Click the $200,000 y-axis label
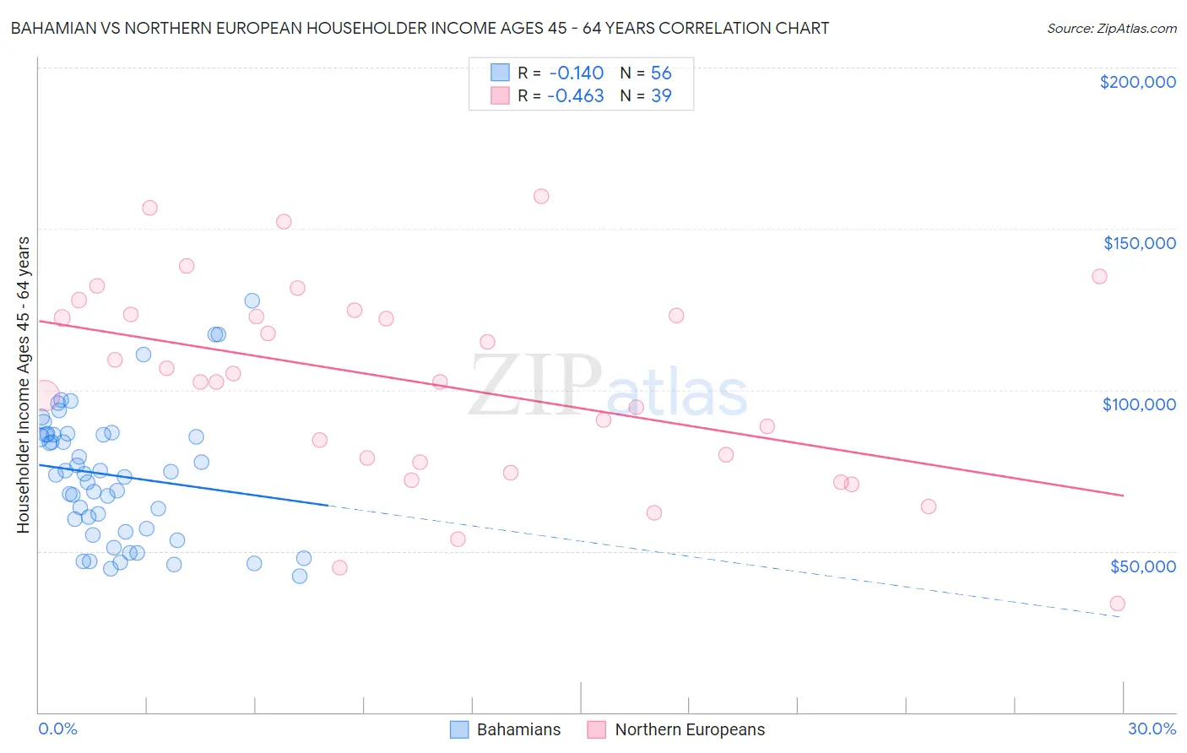(x=1137, y=82)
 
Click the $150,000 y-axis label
(x=1139, y=243)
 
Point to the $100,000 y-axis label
(x=1139, y=404)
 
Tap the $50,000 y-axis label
(x=1142, y=566)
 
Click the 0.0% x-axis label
(x=57, y=729)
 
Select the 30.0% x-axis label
(x=1152, y=729)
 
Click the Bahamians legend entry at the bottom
(x=518, y=729)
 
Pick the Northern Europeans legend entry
(x=690, y=729)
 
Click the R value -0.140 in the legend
(x=576, y=73)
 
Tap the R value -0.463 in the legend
(x=576, y=95)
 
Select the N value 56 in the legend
(x=661, y=73)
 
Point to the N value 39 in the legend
(x=661, y=95)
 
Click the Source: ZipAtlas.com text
(x=1111, y=28)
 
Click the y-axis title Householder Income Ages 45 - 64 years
(x=24, y=385)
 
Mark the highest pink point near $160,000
(x=541, y=196)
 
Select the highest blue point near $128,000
(x=252, y=301)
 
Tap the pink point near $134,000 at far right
(x=1099, y=276)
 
